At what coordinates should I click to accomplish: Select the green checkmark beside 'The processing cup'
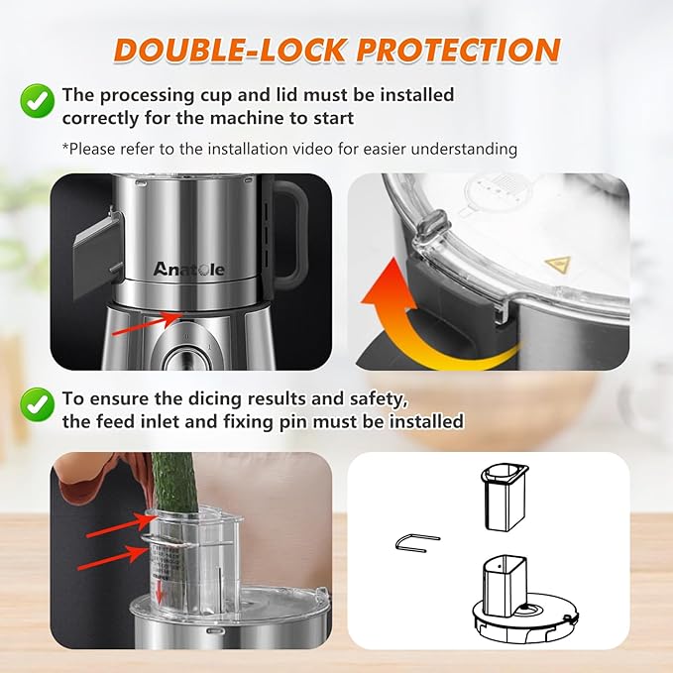[x=36, y=100]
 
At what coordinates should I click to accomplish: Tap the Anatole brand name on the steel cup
[x=188, y=269]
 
